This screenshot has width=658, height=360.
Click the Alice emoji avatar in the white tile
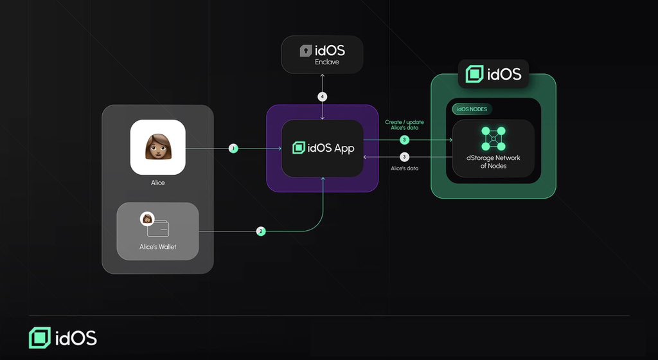point(157,147)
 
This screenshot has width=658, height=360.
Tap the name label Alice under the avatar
point(157,183)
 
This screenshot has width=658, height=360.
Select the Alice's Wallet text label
point(157,247)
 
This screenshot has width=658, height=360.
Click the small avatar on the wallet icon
point(147,219)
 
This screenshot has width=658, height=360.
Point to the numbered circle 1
point(233,148)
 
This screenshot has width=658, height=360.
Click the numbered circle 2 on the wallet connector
point(260,231)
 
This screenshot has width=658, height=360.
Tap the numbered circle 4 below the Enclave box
point(323,97)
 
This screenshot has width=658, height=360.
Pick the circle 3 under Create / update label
point(404,139)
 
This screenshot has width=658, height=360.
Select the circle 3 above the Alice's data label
point(404,156)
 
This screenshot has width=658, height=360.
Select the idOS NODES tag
point(472,109)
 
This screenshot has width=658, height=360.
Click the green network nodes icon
point(493,139)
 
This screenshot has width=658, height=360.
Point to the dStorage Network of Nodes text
point(493,162)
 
